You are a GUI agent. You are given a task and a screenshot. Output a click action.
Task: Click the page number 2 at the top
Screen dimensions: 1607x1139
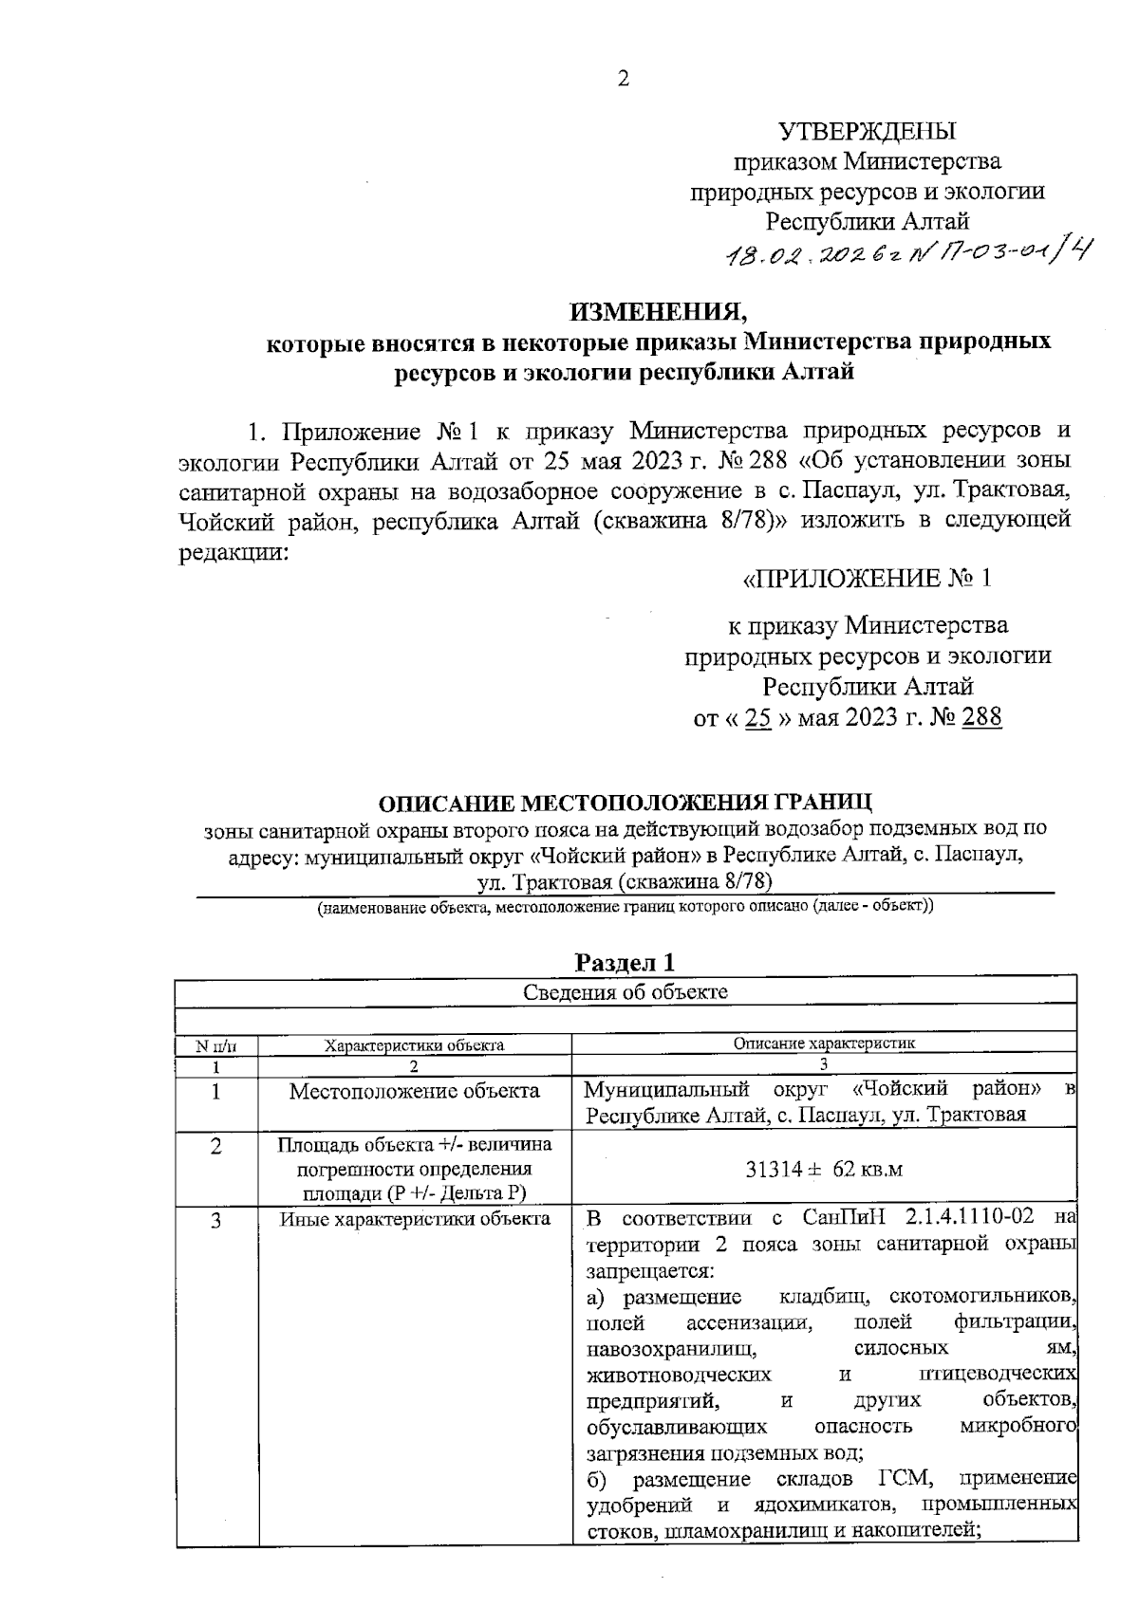coord(624,80)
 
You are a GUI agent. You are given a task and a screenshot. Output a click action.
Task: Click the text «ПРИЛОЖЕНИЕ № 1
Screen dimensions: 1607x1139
coord(866,578)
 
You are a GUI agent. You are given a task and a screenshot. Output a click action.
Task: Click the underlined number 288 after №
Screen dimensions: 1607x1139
coord(981,718)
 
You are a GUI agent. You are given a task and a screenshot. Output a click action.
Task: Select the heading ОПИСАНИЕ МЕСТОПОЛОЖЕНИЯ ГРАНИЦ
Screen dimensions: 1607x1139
coord(625,803)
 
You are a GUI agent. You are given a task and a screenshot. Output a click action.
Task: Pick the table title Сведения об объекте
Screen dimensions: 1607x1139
coord(626,992)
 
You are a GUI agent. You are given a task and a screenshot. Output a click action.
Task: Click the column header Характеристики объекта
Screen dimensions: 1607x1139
coord(414,1045)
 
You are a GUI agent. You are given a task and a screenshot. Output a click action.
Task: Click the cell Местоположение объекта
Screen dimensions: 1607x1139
coord(414,1091)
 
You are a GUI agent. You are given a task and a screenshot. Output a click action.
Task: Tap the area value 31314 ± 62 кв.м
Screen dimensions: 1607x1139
coord(824,1169)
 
